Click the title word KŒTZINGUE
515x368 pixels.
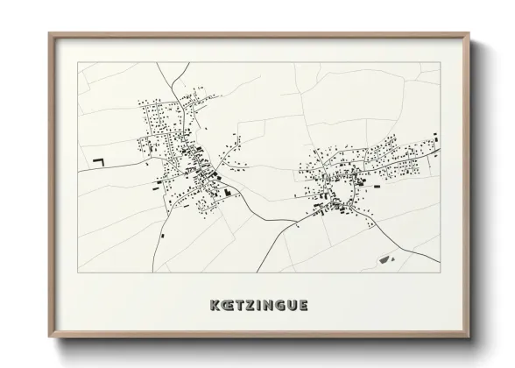click(x=258, y=306)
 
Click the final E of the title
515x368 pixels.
click(x=303, y=306)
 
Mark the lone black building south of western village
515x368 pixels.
click(x=163, y=234)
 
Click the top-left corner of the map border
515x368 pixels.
click(x=79, y=62)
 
